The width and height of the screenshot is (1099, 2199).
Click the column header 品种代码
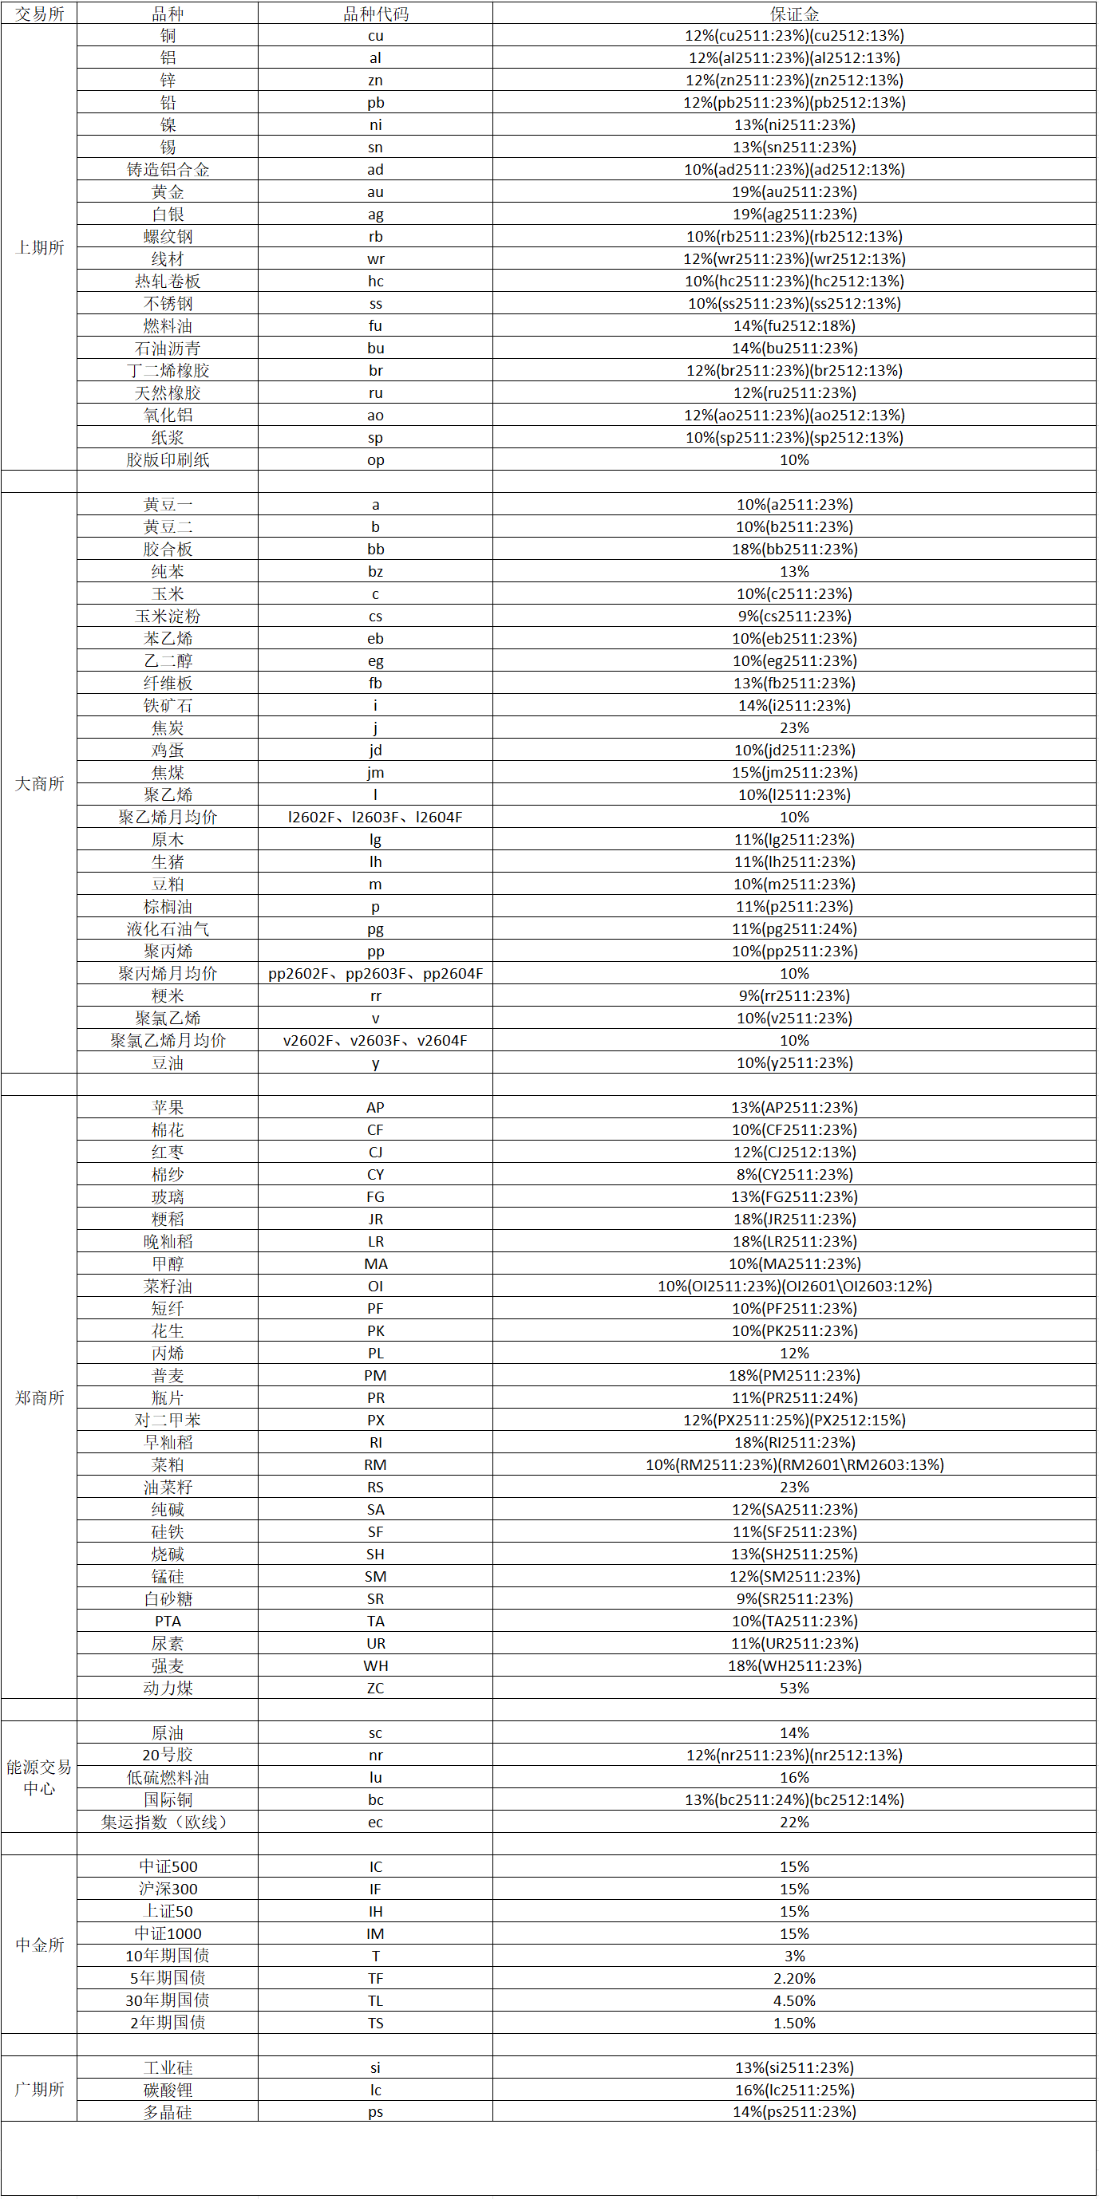point(375,14)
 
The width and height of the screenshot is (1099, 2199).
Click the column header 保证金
point(793,14)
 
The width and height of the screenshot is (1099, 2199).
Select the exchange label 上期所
point(39,247)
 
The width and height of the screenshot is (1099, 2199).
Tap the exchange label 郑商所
point(39,1397)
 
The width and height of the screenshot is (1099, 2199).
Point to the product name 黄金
point(168,192)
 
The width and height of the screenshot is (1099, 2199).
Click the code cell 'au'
point(375,192)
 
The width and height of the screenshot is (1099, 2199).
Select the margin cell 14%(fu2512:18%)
point(793,326)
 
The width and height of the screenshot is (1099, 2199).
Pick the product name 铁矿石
point(168,705)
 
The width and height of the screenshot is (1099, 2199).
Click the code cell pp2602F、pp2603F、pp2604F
point(375,973)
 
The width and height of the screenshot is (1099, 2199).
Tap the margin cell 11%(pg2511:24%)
point(793,928)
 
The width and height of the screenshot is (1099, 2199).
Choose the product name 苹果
point(168,1107)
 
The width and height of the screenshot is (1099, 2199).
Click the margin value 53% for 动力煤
point(793,1688)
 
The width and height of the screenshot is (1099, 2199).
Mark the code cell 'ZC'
point(375,1688)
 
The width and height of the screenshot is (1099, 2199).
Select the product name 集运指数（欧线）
point(168,1822)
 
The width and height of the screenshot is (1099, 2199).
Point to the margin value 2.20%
point(793,1978)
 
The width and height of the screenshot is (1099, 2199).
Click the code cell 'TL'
point(375,2000)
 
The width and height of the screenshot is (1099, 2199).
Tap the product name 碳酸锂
point(168,2090)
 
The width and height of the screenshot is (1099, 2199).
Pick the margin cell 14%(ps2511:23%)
point(793,2112)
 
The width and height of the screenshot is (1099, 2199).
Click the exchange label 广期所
point(39,2089)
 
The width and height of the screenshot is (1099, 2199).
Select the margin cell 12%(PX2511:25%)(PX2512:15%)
point(793,1420)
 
